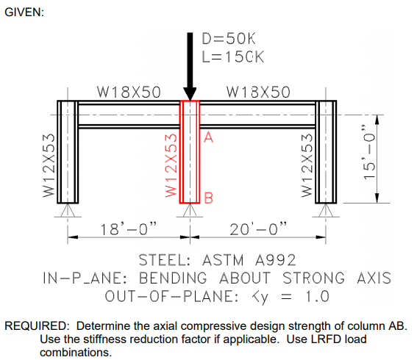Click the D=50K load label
click(229, 39)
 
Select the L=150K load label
click(233, 57)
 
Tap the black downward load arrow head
click(190, 94)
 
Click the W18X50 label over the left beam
click(129, 92)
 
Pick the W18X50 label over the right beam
click(258, 92)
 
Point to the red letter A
click(209, 137)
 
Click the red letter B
click(209, 198)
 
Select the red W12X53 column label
click(171, 165)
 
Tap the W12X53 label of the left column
click(49, 165)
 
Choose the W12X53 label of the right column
click(307, 165)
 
